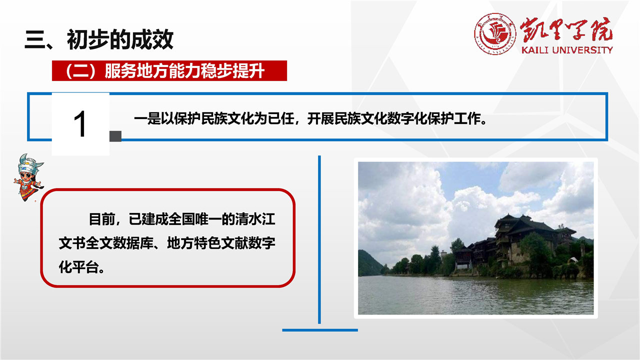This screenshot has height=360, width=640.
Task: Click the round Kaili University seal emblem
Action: click(495, 33)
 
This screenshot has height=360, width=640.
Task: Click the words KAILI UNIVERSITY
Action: click(567, 50)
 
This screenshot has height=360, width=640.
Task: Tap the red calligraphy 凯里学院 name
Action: click(566, 30)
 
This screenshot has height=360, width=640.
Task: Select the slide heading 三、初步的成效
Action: click(99, 39)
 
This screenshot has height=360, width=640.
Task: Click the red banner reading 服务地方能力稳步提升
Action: click(169, 70)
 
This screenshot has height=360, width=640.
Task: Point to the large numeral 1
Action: click(79, 124)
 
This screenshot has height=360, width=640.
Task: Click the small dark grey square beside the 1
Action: click(115, 136)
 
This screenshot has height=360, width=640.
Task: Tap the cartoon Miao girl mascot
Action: click(28, 177)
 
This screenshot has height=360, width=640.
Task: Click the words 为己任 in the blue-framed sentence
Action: click(274, 118)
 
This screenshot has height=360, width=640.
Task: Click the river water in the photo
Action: click(475, 295)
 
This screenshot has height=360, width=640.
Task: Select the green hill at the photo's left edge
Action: click(370, 263)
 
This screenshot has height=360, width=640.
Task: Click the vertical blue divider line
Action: click(319, 239)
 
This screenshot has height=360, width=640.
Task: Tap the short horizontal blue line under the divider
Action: click(320, 330)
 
